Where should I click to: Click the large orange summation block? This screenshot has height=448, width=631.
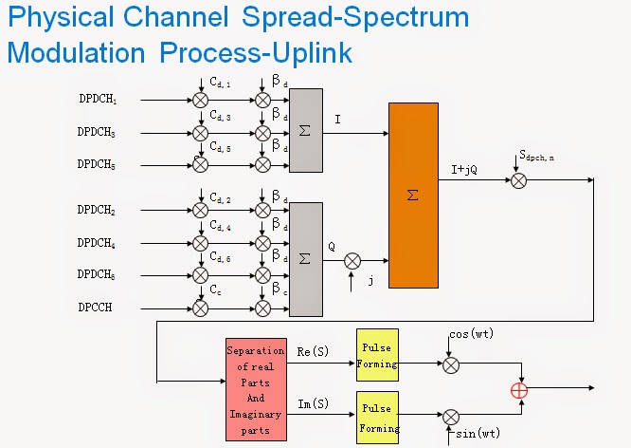413,194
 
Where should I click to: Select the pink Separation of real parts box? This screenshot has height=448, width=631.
255,390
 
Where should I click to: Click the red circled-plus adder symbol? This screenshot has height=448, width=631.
519,390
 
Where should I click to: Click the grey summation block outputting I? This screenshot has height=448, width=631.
305,130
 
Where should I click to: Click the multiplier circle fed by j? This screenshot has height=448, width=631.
352,259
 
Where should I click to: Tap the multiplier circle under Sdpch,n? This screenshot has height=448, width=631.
518,179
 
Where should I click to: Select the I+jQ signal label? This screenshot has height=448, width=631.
469,170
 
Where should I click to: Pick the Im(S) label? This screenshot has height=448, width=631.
314,405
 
